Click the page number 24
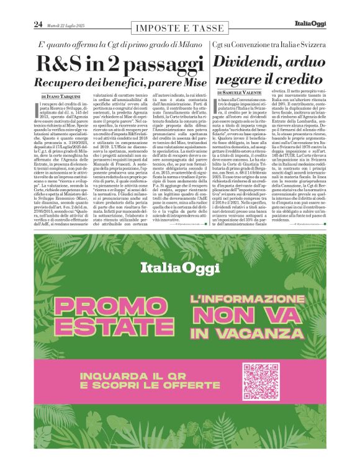point(38,24)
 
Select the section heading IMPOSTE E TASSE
point(179,28)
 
